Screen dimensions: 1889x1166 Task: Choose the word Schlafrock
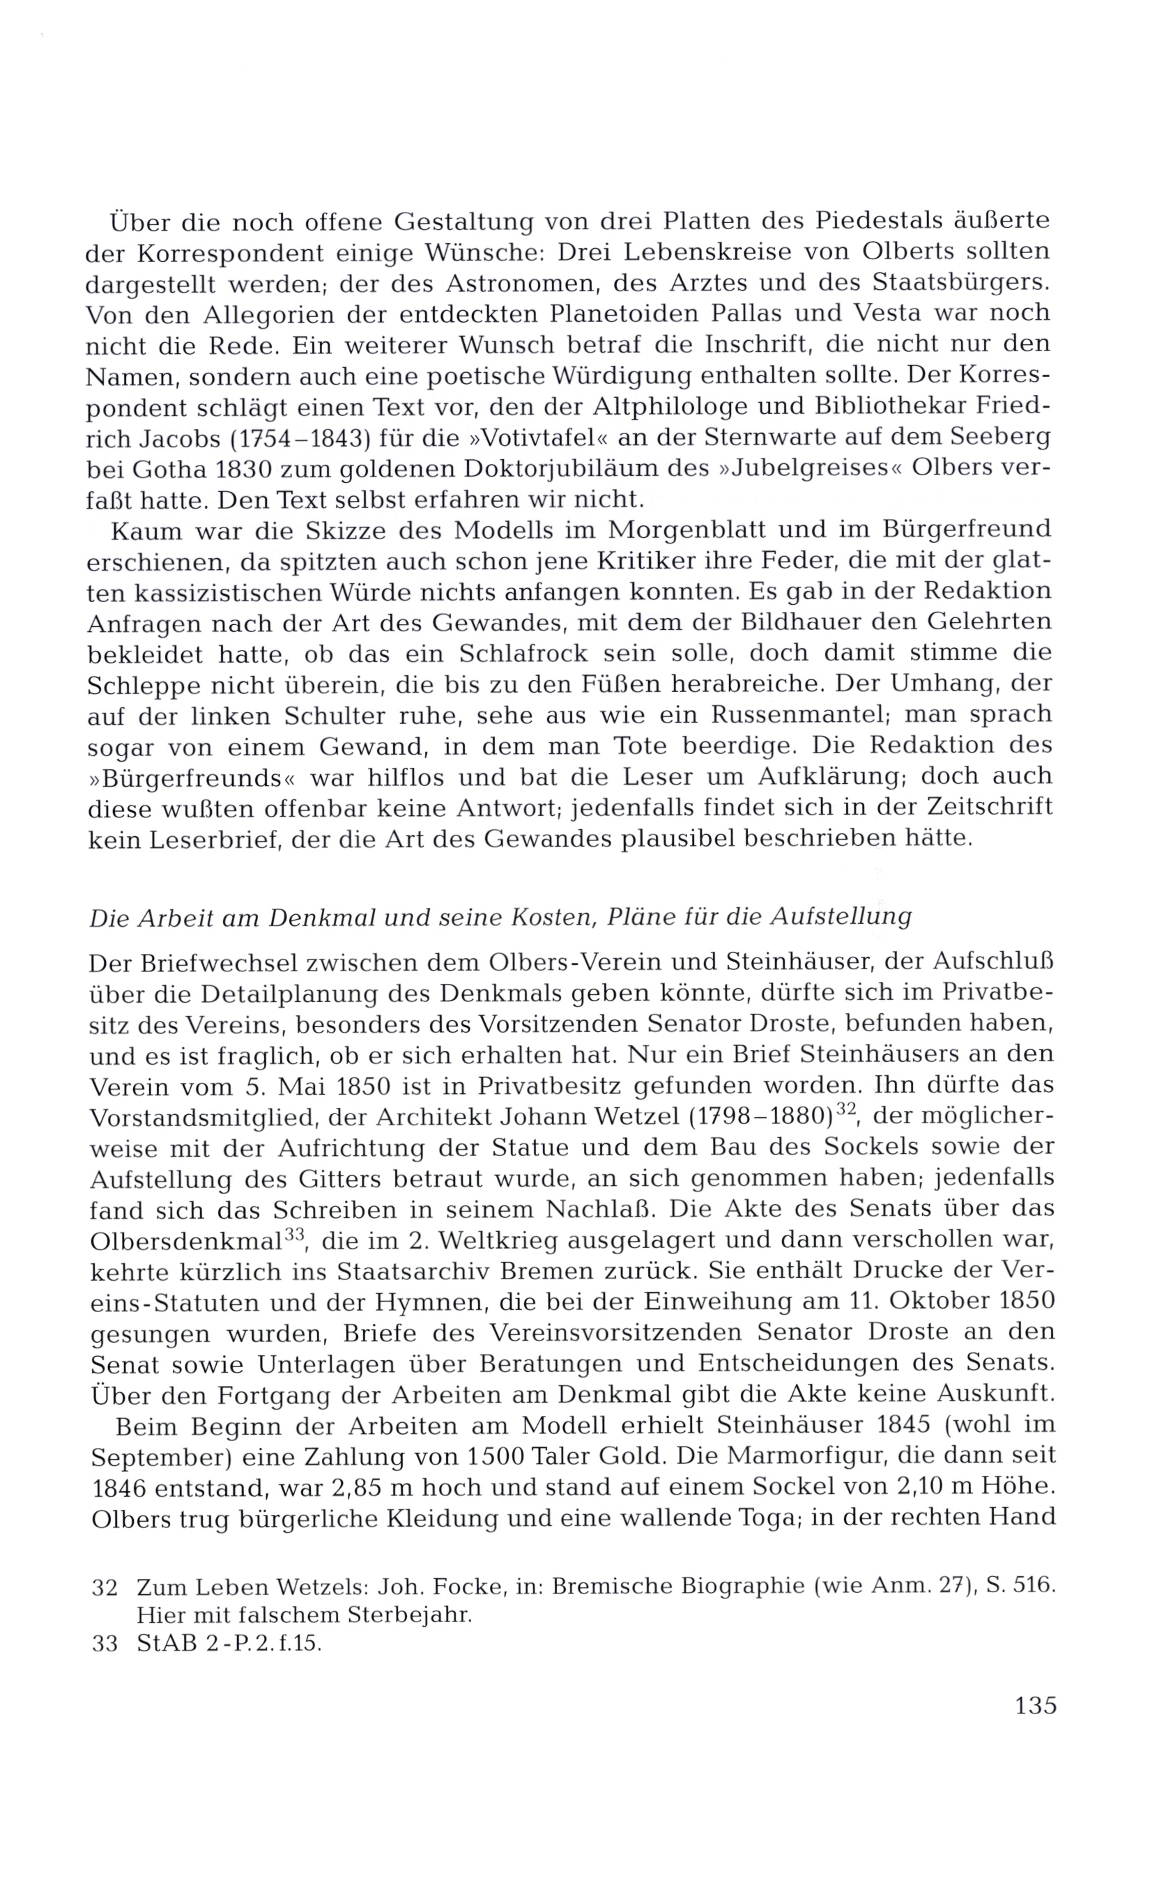(523, 654)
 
